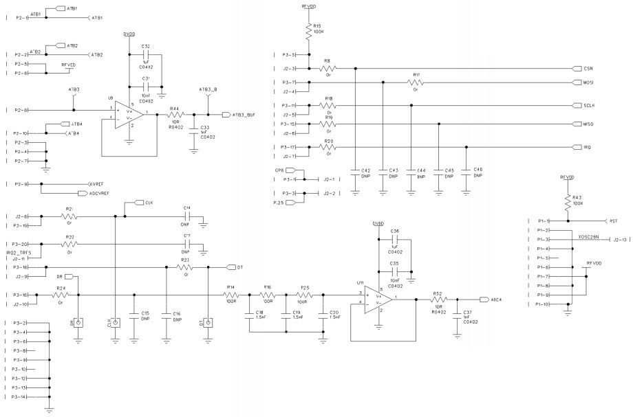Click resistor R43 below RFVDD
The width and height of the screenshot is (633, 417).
[568, 201]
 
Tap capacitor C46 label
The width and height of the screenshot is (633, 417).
[478, 169]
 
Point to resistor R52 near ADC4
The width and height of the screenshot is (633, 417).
[438, 300]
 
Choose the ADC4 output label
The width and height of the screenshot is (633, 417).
[495, 300]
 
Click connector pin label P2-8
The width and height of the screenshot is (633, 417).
[21, 110]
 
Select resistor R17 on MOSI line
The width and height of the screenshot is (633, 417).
[416, 82]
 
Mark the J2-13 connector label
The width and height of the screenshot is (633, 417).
[620, 240]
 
